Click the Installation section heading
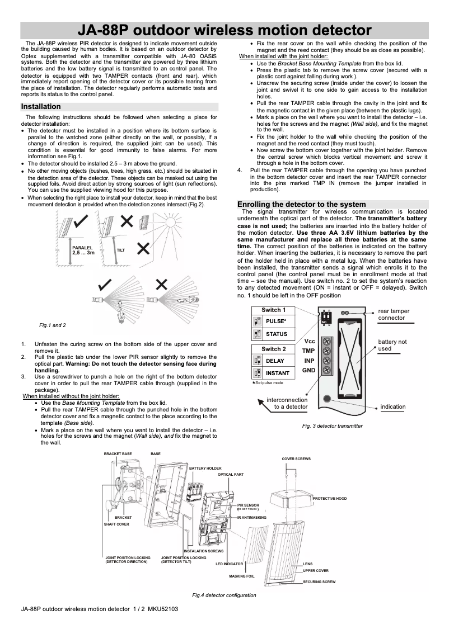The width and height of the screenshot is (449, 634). coord(41,106)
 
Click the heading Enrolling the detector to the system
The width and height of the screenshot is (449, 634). coord(301,204)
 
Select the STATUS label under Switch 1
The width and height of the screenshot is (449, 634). coord(277,334)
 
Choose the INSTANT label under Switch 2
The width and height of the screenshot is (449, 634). coord(277,373)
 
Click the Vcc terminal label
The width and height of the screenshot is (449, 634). coord(308,341)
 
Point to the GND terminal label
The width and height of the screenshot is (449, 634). coord(308,371)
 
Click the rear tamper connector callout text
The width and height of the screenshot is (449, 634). coord(394,314)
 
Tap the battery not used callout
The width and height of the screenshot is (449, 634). coord(392,345)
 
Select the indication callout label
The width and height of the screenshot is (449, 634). coord(392,406)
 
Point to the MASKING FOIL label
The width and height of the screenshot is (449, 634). coord(241,576)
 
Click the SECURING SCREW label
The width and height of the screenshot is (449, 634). coord(319,582)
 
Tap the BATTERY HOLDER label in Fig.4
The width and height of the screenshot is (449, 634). coord(205,468)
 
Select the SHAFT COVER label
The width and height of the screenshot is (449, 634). coord(116,524)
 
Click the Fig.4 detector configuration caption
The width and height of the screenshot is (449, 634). coord(224,595)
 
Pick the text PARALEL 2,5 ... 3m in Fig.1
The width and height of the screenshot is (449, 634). coord(83,250)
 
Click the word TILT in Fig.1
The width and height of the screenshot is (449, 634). coord(120,250)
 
